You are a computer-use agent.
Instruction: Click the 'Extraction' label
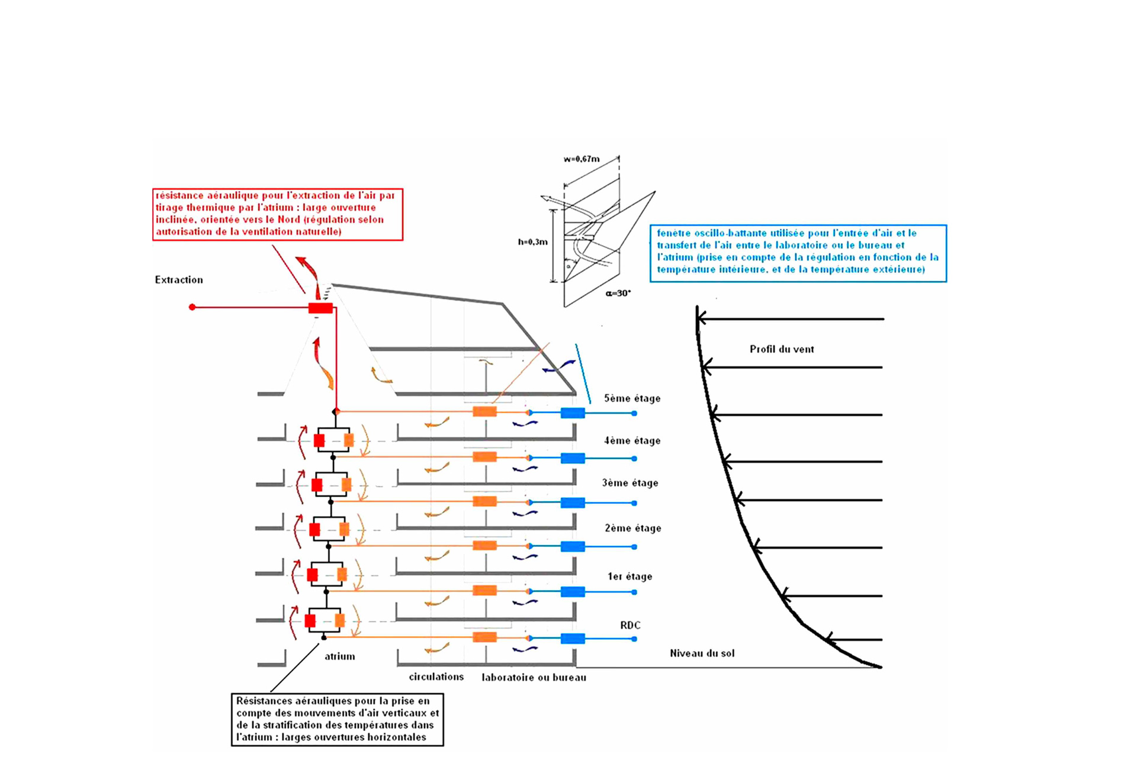click(179, 280)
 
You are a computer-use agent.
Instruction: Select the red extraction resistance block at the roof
click(320, 308)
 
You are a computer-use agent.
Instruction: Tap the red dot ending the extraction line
click(192, 307)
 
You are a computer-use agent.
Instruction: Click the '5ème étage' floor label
click(632, 398)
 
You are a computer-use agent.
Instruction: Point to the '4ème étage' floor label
click(632, 441)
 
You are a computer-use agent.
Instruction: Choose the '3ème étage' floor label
click(630, 483)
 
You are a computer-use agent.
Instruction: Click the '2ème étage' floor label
click(632, 528)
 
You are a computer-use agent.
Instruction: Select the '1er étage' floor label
click(629, 576)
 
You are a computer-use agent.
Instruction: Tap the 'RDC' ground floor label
click(630, 625)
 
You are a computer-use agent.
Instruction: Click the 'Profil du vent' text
click(782, 349)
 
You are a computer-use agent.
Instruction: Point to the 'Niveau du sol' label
click(702, 653)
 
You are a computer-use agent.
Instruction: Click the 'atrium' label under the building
click(340, 656)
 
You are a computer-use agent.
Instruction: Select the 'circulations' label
click(436, 676)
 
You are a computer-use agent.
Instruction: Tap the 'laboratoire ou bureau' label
click(534, 678)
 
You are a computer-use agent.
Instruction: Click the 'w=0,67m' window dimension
click(582, 159)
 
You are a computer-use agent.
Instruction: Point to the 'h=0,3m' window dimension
click(532, 242)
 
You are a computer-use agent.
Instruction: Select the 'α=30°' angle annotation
click(618, 293)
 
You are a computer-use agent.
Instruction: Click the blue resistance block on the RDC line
click(573, 639)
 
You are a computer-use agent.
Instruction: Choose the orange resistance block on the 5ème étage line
click(484, 412)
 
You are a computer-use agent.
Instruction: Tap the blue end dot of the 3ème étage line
click(634, 503)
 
